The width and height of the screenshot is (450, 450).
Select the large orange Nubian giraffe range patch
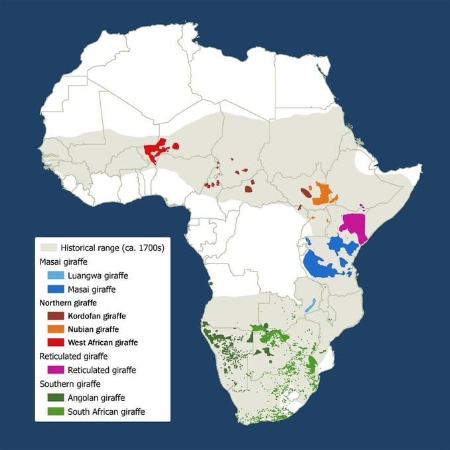pos(323,194)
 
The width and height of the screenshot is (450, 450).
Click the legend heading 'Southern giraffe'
pos(72,384)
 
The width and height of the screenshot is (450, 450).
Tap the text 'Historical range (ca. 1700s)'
pos(112,247)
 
